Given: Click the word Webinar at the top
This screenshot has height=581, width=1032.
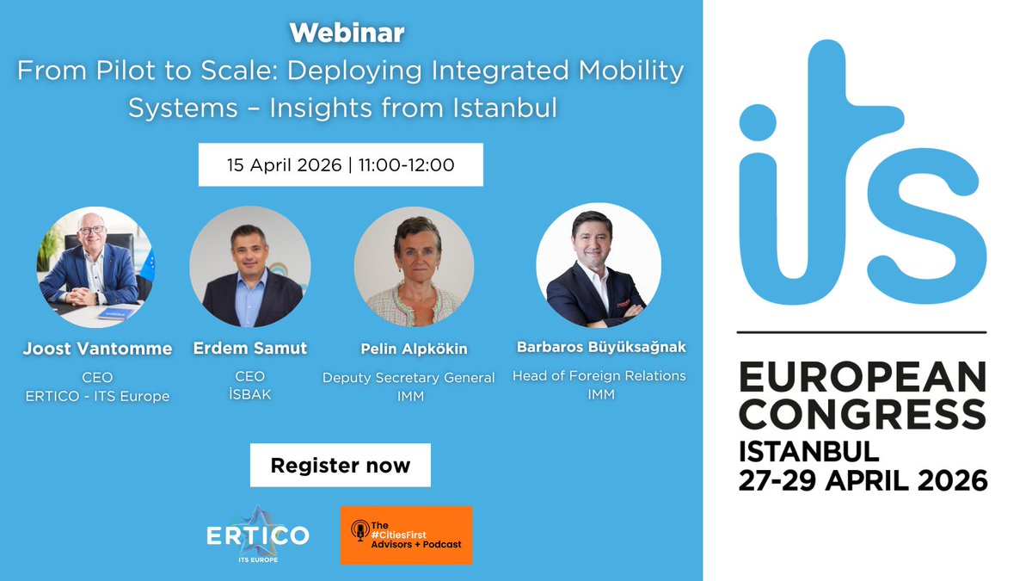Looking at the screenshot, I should point(347,34).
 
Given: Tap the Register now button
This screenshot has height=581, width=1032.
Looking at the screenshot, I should point(341,466).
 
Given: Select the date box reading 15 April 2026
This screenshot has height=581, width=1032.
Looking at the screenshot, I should point(341,164).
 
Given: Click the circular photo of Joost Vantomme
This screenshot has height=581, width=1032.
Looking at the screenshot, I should point(95,266).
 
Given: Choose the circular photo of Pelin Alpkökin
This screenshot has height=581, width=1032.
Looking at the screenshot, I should point(415,266).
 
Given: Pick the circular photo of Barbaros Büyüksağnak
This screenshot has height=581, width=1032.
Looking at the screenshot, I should point(599,264).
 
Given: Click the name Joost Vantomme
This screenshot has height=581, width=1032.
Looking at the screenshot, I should point(97,349).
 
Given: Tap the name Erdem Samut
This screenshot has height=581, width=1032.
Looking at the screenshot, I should point(250,349).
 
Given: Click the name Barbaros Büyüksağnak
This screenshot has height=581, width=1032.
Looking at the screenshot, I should point(601,348).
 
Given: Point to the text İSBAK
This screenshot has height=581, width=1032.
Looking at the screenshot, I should point(250,396).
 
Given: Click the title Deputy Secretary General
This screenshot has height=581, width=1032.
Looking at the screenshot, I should point(408,377).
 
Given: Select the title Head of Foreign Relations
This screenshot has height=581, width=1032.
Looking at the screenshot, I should point(599,375).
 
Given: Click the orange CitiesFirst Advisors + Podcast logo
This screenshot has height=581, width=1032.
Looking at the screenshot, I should point(406,535).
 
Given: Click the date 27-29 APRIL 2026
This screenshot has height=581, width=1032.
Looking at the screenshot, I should point(863,479).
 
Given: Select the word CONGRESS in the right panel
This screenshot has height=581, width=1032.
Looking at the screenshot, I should point(863,414).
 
